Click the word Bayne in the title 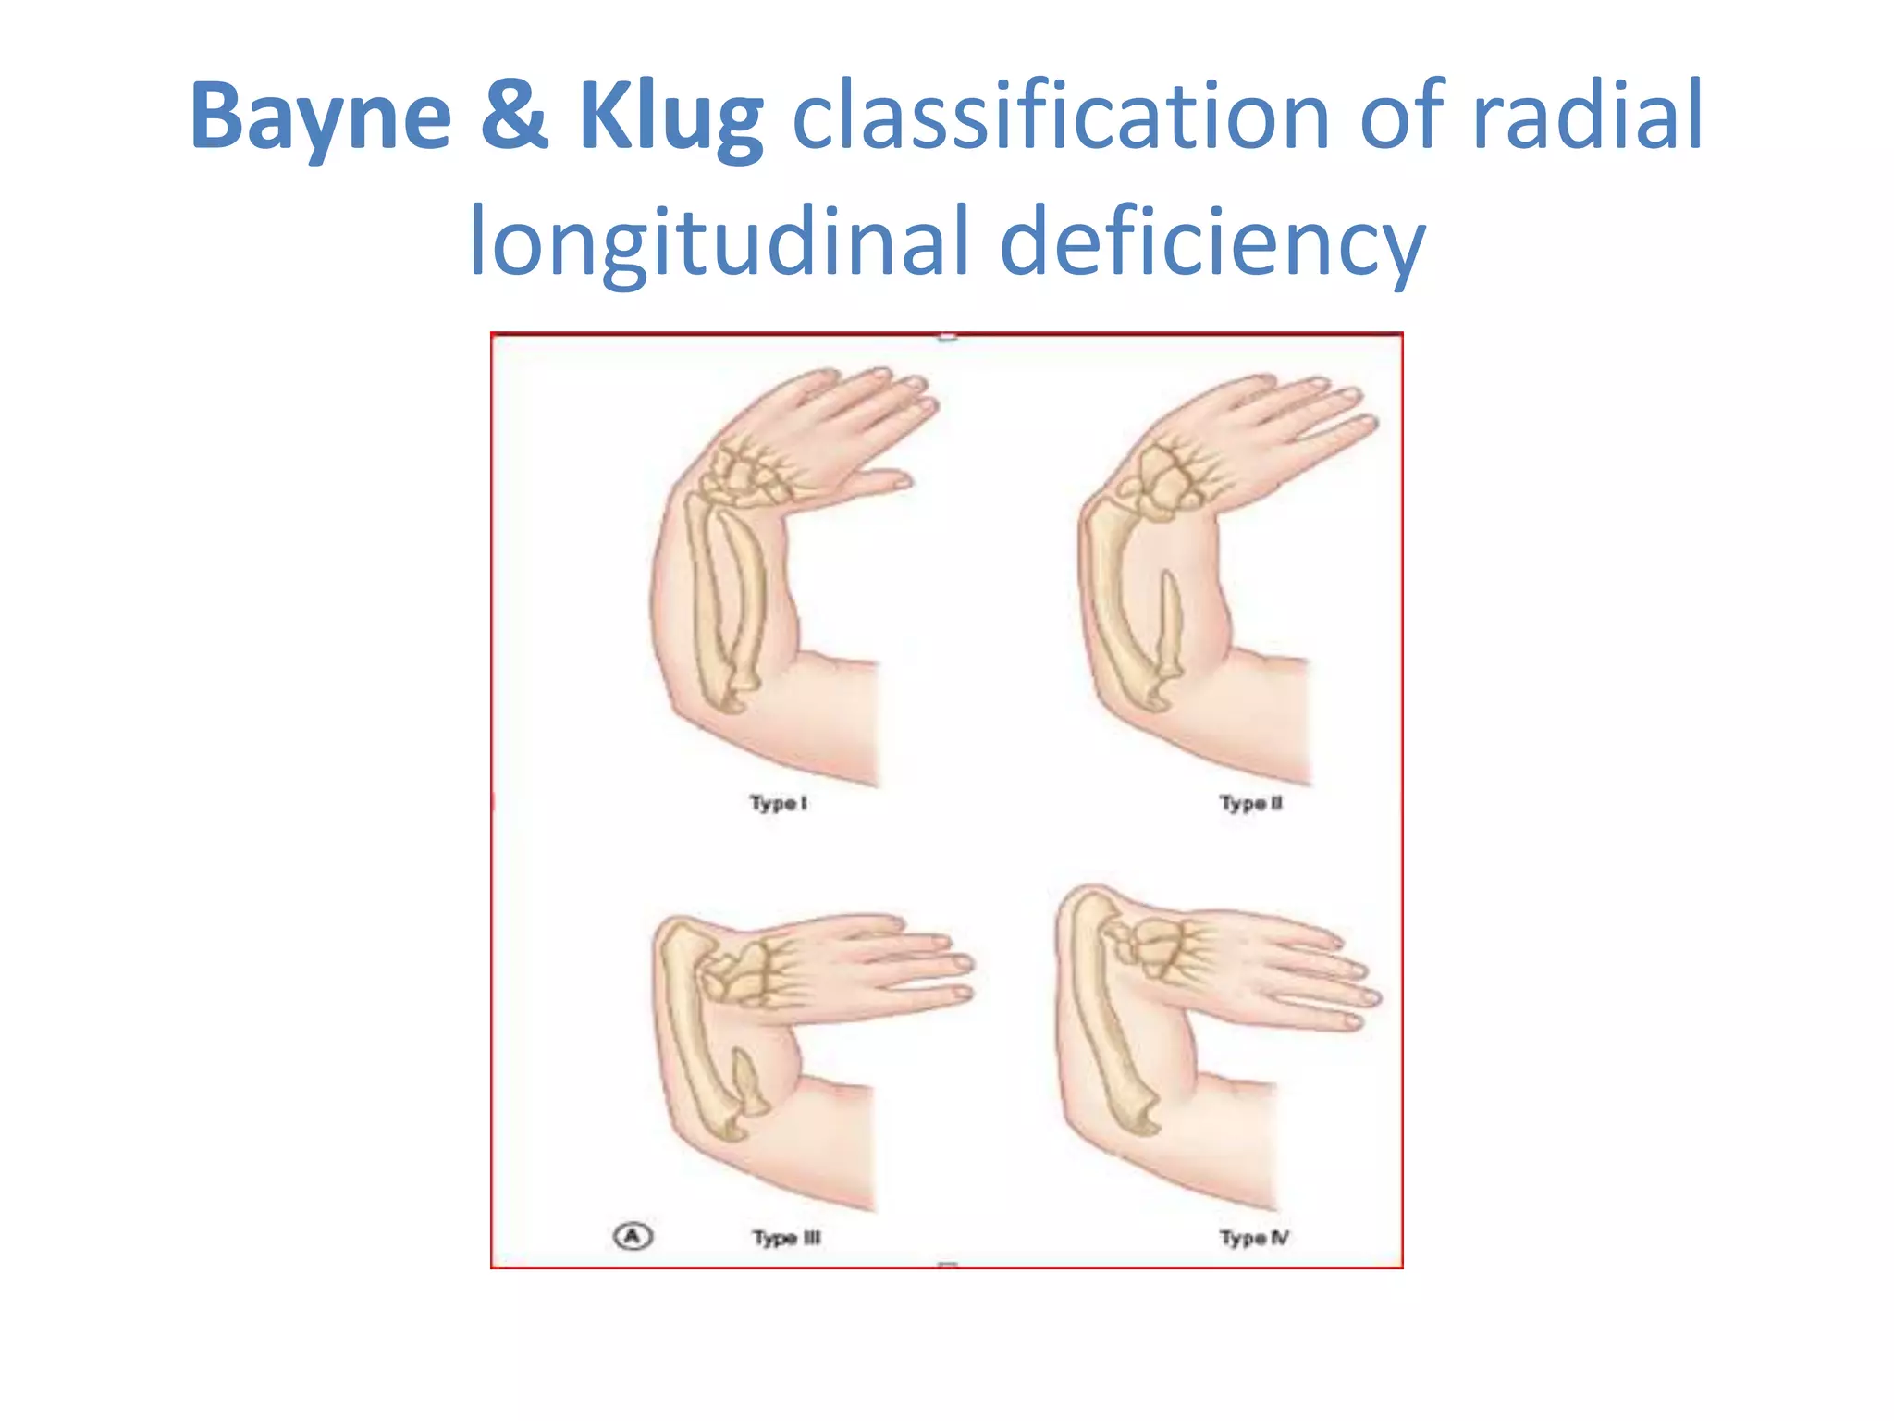click(x=320, y=117)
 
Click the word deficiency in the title click(x=1212, y=242)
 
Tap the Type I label click(x=778, y=803)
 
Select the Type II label click(x=1250, y=803)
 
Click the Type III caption click(x=786, y=1238)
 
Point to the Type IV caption click(x=1254, y=1238)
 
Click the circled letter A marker click(x=633, y=1236)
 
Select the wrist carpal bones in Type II click(x=1165, y=481)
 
